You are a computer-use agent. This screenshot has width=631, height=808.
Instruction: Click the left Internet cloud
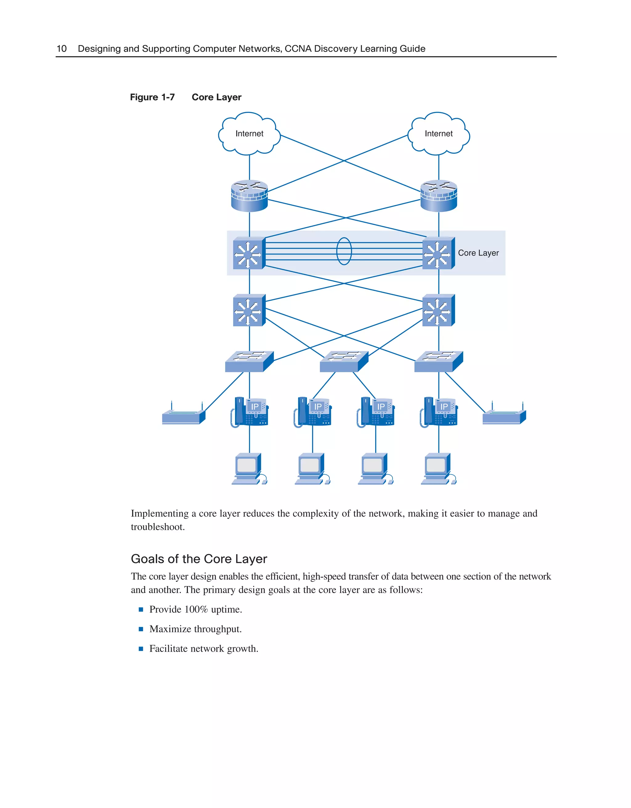(x=249, y=134)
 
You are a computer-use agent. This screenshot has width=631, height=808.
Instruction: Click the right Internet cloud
(x=438, y=134)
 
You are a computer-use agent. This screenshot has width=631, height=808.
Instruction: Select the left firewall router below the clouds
(x=249, y=196)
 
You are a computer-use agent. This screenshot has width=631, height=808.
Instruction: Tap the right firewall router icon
(x=438, y=196)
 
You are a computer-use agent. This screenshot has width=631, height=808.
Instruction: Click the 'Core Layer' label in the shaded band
(x=478, y=253)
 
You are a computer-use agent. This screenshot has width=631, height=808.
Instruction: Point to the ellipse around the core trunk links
(x=344, y=251)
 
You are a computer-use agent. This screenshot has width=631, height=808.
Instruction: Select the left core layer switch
(x=249, y=254)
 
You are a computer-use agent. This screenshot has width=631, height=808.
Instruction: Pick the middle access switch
(x=344, y=361)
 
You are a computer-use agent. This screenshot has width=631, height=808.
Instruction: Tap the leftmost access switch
(x=249, y=361)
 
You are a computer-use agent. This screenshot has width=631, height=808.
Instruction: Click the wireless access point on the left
(x=183, y=416)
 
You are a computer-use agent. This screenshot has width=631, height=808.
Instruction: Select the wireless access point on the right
(x=504, y=416)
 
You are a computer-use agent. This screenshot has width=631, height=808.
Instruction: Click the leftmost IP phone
(x=250, y=412)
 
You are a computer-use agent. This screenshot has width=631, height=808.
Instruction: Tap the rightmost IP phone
(x=439, y=412)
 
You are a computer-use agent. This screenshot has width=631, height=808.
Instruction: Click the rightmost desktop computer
(x=438, y=469)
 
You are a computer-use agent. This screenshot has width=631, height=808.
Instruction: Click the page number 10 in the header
(x=61, y=49)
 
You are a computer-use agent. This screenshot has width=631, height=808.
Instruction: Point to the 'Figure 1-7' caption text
(x=152, y=97)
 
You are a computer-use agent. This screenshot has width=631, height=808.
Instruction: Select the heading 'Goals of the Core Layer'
(x=199, y=559)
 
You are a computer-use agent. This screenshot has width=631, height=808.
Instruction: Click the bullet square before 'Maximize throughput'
(x=141, y=629)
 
